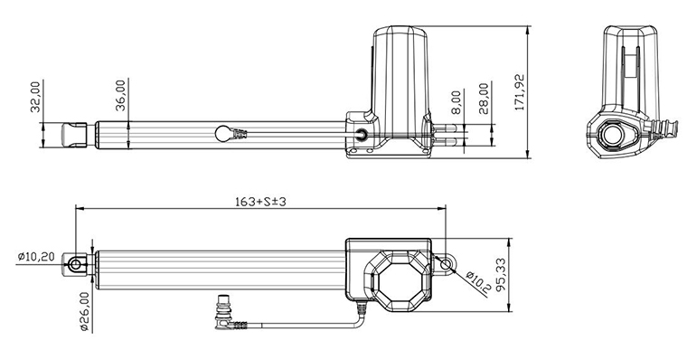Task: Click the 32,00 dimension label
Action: coord(35,97)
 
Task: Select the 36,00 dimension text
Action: coord(121,94)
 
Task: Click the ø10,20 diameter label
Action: coord(37,257)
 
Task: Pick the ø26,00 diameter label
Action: coord(84,311)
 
